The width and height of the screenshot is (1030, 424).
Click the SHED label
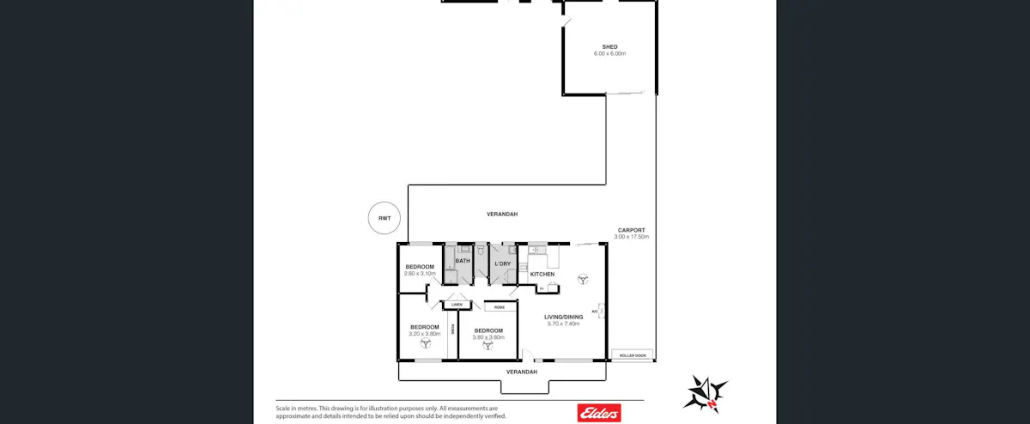[609, 46]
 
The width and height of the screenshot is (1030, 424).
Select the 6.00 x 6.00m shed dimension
[609, 54]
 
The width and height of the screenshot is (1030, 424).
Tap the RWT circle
[384, 218]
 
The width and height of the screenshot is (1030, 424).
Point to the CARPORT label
[632, 230]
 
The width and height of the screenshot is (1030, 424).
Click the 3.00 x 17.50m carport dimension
[632, 237]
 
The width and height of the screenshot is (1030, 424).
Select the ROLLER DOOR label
[632, 354]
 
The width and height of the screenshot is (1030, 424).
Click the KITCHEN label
[542, 274]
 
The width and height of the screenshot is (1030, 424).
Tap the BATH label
[463, 261]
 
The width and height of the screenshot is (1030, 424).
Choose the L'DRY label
[503, 263]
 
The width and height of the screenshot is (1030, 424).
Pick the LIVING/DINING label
[564, 317]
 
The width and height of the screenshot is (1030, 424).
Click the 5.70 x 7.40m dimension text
[564, 324]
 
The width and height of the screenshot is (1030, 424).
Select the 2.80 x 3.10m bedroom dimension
[420, 274]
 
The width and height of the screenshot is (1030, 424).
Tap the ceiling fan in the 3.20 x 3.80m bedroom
[425, 343]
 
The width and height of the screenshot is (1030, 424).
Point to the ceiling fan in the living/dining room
[584, 278]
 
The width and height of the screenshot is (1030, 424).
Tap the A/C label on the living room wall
[594, 311]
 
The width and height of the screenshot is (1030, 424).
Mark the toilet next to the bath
[482, 251]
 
